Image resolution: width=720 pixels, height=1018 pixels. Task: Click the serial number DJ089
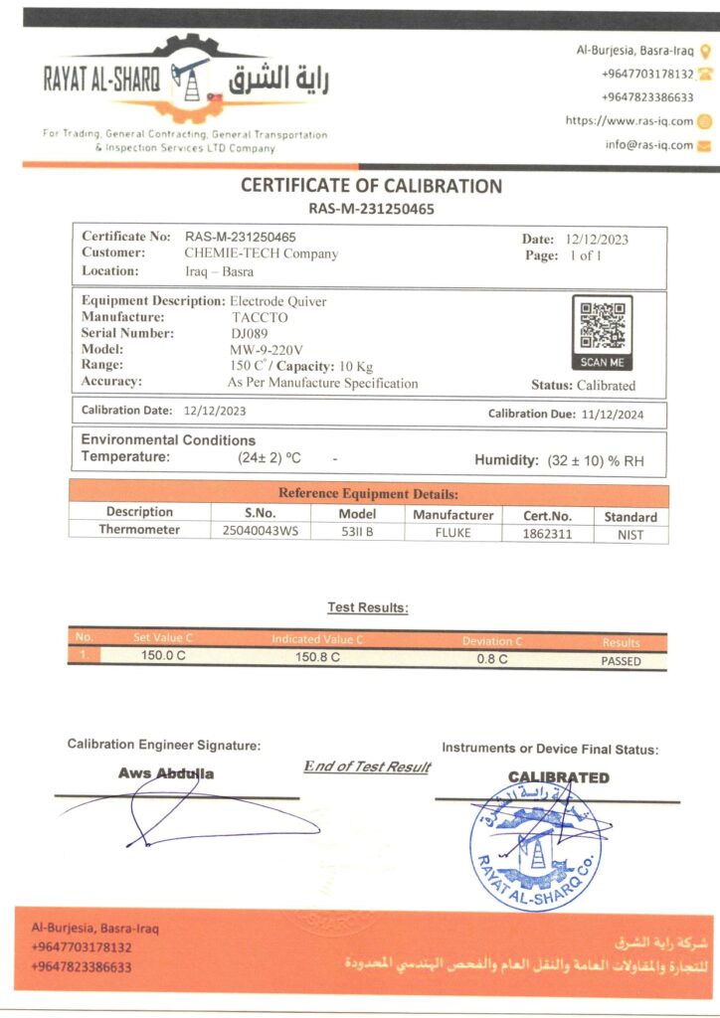[x=249, y=333]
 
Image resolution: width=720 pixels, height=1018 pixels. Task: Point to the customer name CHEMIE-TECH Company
[x=262, y=254]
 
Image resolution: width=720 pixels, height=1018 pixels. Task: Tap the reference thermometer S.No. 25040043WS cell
[x=260, y=531]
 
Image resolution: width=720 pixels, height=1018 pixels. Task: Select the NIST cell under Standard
[x=630, y=535]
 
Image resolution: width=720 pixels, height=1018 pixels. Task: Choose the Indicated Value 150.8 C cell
[x=318, y=657]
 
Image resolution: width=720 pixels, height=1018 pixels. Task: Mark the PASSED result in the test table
[x=621, y=660]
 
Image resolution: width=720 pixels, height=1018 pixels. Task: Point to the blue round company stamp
[x=534, y=846]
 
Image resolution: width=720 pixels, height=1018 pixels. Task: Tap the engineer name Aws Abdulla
[x=166, y=772]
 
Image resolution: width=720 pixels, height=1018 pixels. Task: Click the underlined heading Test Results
[x=368, y=607]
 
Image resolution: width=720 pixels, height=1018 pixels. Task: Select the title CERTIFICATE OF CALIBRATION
[x=371, y=186]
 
